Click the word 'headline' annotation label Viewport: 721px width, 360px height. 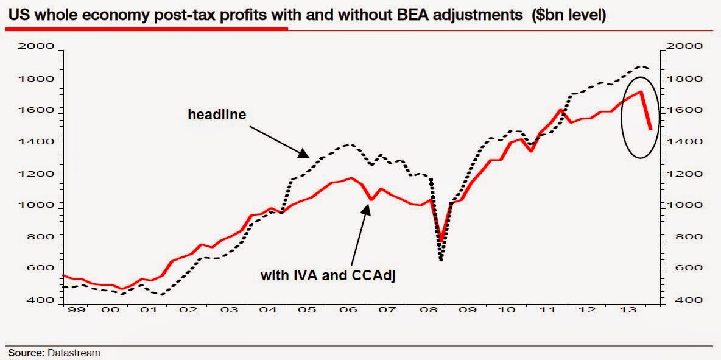[216, 115]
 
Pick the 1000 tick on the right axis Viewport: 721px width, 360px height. [687, 205]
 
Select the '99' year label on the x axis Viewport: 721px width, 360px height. [73, 310]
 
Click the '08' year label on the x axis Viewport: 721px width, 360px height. [429, 310]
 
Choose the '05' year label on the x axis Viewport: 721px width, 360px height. [311, 310]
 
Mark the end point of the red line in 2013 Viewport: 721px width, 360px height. [651, 129]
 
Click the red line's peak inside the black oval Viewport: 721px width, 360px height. [641, 91]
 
